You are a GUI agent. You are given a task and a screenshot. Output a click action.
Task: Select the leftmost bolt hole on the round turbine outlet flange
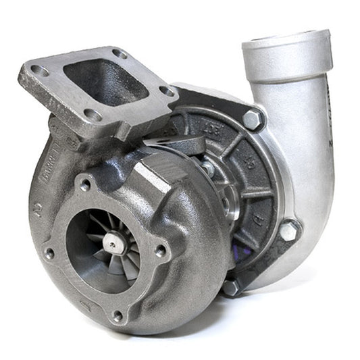(49, 253)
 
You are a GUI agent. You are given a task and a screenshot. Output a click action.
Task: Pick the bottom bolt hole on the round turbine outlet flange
(118, 315)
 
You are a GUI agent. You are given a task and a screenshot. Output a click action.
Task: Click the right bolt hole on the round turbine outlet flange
(160, 251)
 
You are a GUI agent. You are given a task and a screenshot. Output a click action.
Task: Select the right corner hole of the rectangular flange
(166, 91)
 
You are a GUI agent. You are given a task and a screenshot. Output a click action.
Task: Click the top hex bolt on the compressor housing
(253, 120)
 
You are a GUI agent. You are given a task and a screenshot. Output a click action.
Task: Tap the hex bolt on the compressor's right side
(290, 230)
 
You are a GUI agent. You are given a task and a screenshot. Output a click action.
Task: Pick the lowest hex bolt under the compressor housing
(231, 286)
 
